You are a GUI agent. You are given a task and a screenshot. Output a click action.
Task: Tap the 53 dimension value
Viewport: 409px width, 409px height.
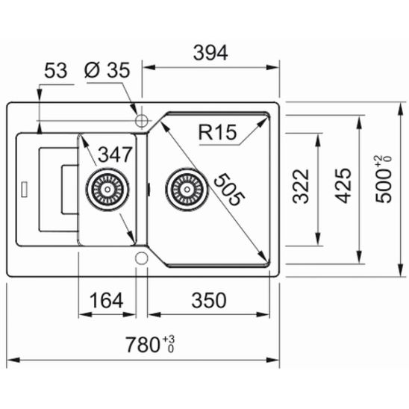(x=56, y=72)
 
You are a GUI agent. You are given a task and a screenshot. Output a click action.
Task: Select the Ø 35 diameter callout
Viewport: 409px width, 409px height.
(x=107, y=72)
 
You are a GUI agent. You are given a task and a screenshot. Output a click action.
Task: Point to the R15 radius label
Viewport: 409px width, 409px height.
(x=217, y=134)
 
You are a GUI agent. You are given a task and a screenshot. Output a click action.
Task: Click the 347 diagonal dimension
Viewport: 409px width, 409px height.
(x=115, y=155)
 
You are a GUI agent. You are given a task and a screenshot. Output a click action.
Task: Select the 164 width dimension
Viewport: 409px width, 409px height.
(x=107, y=301)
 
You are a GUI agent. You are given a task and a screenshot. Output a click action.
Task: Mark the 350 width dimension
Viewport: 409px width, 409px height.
(x=208, y=301)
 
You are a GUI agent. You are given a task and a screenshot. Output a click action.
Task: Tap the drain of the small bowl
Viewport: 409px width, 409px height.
(x=106, y=190)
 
